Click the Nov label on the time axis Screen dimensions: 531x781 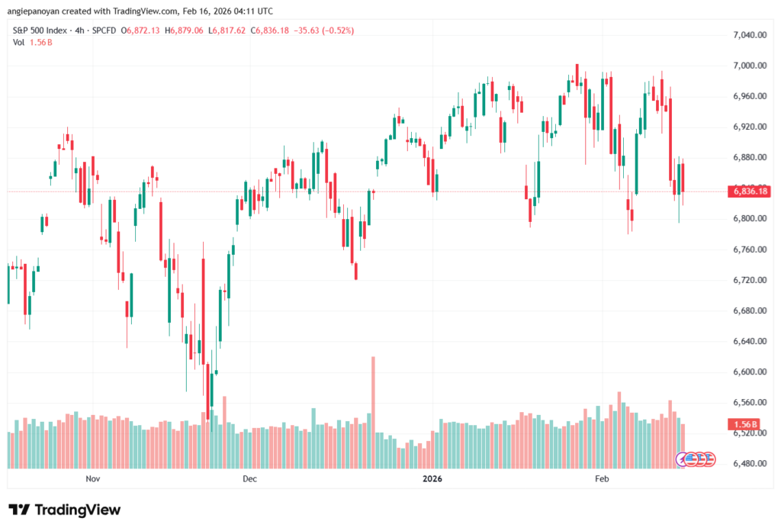point(93,479)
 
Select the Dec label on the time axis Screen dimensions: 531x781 point(249,479)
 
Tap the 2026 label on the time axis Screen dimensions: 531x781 point(432,479)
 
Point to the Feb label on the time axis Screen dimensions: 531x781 point(602,479)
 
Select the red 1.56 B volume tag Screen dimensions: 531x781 point(744,424)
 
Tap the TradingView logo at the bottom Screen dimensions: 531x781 point(65,510)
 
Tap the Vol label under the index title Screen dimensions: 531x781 point(19,42)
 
